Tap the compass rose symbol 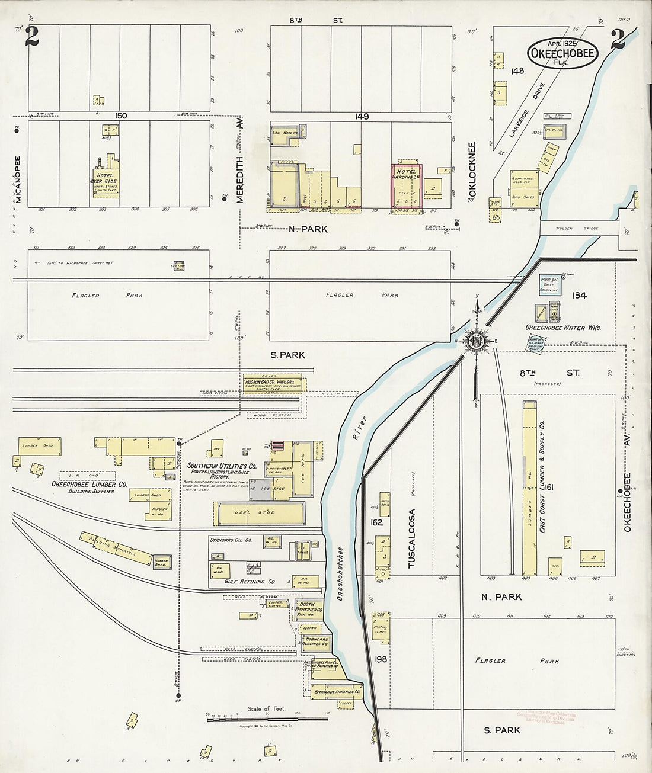475,341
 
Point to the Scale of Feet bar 267,719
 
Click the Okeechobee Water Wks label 563,328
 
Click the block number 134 579,295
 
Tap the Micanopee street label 17,180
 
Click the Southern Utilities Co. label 222,466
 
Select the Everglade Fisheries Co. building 335,691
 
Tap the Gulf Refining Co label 250,582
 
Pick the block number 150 122,116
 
